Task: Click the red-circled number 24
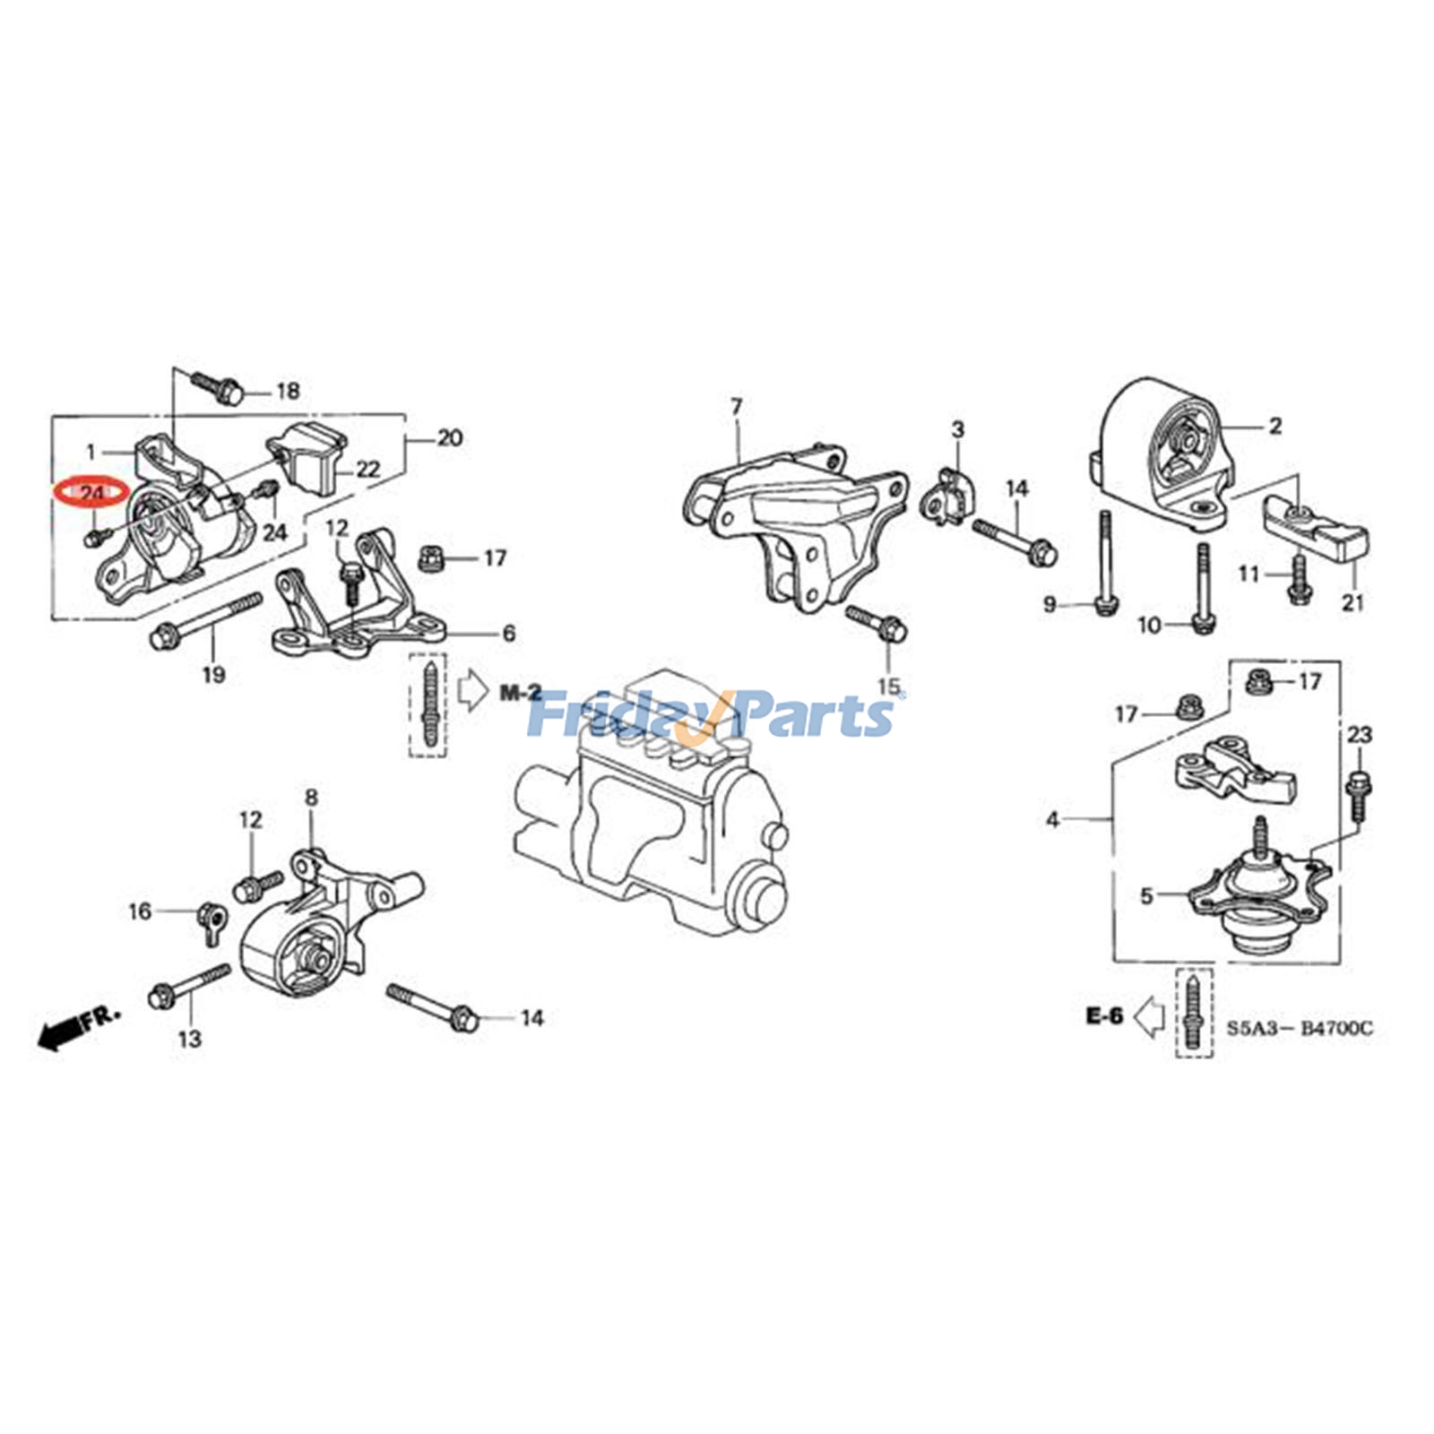(x=91, y=492)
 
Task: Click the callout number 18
(x=287, y=392)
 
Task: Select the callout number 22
(x=368, y=469)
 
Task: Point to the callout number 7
(x=736, y=407)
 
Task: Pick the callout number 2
(x=1274, y=427)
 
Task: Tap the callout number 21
(x=1352, y=602)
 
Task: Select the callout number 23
(x=1359, y=735)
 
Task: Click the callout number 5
(x=1146, y=895)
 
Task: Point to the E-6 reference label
(x=1104, y=1016)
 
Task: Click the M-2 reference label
(x=521, y=692)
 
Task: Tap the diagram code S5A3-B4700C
(x=1299, y=1029)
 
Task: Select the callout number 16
(x=140, y=912)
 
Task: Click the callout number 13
(x=190, y=1040)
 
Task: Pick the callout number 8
(x=311, y=797)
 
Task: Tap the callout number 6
(x=508, y=634)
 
